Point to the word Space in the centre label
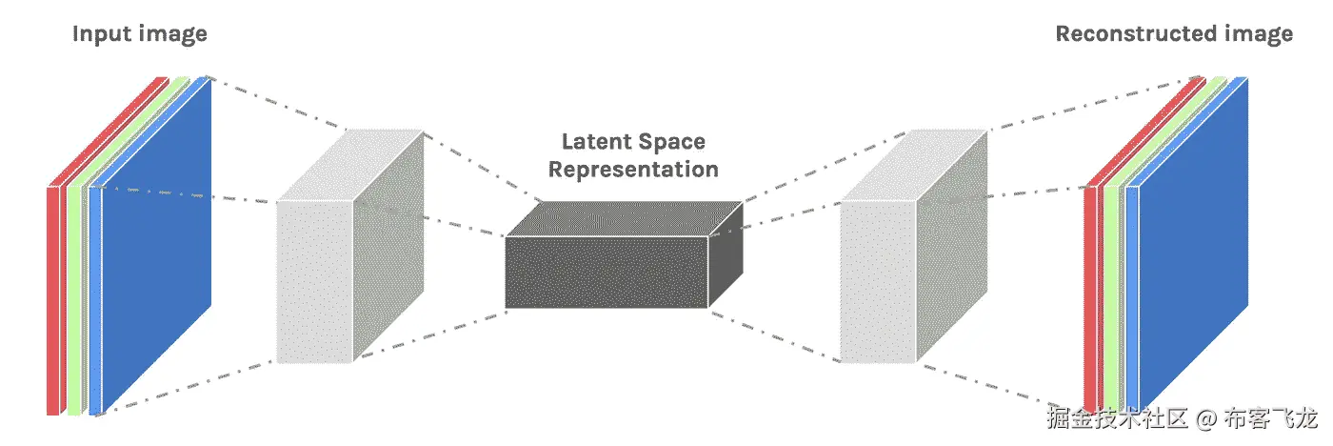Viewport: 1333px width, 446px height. pyautogui.click(x=673, y=143)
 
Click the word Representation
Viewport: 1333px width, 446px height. pyautogui.click(x=633, y=171)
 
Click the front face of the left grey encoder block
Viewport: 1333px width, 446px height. pyautogui.click(x=314, y=281)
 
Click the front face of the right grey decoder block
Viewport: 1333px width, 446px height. pyautogui.click(x=878, y=281)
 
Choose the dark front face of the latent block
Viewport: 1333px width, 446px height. pyautogui.click(x=606, y=273)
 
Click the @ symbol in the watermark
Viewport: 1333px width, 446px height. pyautogui.click(x=1206, y=418)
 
